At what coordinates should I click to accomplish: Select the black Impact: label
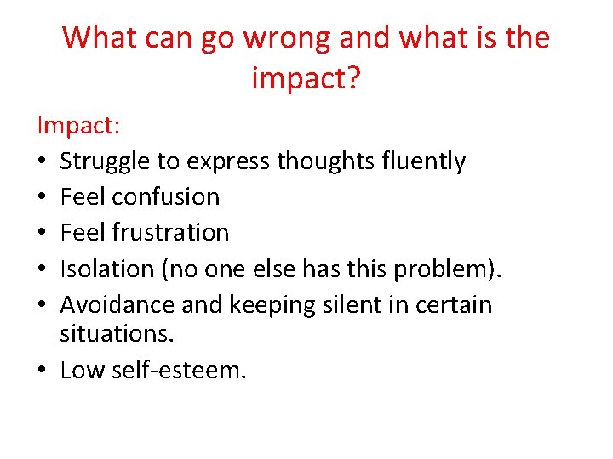tap(78, 126)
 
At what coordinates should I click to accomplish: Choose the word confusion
tap(166, 197)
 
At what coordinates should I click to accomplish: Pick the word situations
tap(117, 334)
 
